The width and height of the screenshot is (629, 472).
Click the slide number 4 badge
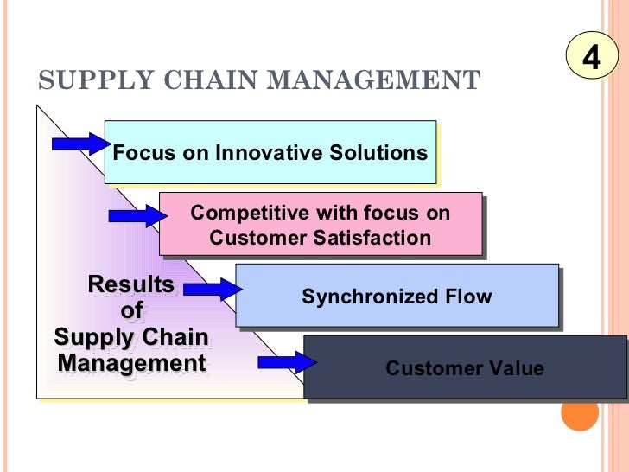point(591,56)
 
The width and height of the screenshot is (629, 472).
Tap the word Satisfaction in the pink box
point(377,237)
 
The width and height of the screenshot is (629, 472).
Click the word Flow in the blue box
point(467,297)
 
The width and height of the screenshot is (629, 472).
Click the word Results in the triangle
point(130,284)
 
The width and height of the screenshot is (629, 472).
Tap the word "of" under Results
point(130,310)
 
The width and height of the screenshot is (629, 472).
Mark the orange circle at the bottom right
point(580,412)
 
